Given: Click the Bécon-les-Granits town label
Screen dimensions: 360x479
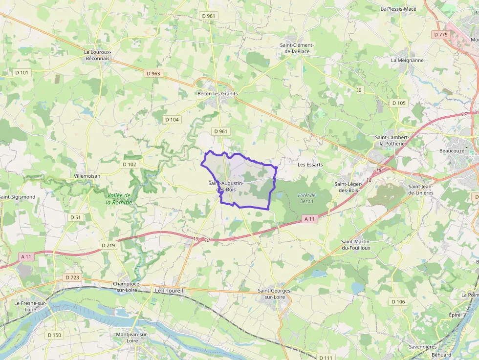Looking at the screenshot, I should (x=217, y=93).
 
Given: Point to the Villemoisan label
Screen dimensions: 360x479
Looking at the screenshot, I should (x=87, y=176).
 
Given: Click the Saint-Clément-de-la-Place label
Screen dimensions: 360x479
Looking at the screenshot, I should (x=297, y=48).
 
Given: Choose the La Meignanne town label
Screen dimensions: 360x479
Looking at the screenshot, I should (x=407, y=61).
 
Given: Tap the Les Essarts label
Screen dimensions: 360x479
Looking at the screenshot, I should (x=310, y=165).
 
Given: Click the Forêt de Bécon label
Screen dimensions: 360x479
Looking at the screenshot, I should (x=306, y=198).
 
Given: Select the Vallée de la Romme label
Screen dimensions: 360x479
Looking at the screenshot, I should (x=119, y=199).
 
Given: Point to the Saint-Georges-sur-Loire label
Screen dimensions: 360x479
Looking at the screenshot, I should (x=274, y=294).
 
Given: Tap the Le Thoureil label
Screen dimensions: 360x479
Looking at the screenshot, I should (x=169, y=290).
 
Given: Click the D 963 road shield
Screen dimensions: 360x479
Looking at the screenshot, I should (x=153, y=74).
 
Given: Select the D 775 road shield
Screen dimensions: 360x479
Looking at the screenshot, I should (x=440, y=34).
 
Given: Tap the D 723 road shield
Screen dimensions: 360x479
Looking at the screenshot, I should (x=72, y=277).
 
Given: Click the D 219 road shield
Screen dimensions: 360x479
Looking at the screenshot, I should (x=108, y=245).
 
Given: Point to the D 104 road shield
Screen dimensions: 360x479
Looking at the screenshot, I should (x=172, y=120).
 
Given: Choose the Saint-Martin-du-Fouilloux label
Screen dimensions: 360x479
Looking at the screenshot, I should (x=356, y=245).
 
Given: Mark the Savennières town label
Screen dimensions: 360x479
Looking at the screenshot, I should (x=423, y=347).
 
